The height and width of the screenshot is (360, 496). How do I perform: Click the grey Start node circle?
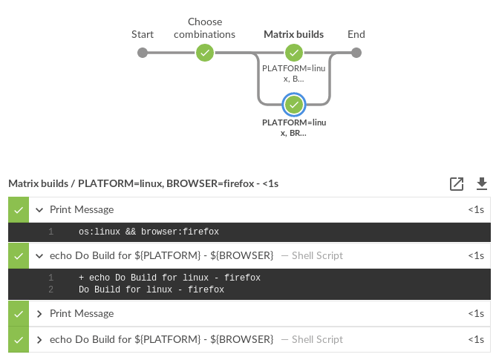(x=143, y=53)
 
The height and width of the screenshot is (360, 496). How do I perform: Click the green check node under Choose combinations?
(x=205, y=53)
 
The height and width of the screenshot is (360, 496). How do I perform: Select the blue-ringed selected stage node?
(x=294, y=104)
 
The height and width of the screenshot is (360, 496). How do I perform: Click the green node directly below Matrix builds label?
(x=294, y=53)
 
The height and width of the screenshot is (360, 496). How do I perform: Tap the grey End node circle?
(x=356, y=53)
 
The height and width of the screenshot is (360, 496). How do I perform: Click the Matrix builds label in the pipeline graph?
(x=293, y=34)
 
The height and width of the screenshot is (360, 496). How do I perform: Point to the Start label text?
(x=143, y=34)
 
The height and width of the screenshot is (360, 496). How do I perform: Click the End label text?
(x=356, y=34)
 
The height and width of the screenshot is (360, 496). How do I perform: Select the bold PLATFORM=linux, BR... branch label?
(x=294, y=127)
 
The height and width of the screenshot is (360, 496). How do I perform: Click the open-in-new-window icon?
(x=457, y=183)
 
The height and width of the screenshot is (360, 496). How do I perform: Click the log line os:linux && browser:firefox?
(x=149, y=232)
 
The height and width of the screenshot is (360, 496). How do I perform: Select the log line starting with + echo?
(x=169, y=278)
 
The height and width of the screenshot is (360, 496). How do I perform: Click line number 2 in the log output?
(x=50, y=290)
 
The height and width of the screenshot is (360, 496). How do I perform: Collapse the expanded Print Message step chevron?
(x=39, y=210)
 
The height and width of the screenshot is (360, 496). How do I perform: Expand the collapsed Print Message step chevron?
(x=39, y=314)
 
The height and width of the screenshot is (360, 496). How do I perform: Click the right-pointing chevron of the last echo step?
(x=39, y=340)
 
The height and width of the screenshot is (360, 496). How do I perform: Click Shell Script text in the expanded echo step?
(x=317, y=256)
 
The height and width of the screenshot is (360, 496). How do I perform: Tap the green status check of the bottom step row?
(x=19, y=340)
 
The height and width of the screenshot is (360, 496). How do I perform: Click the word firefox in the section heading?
(x=234, y=183)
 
